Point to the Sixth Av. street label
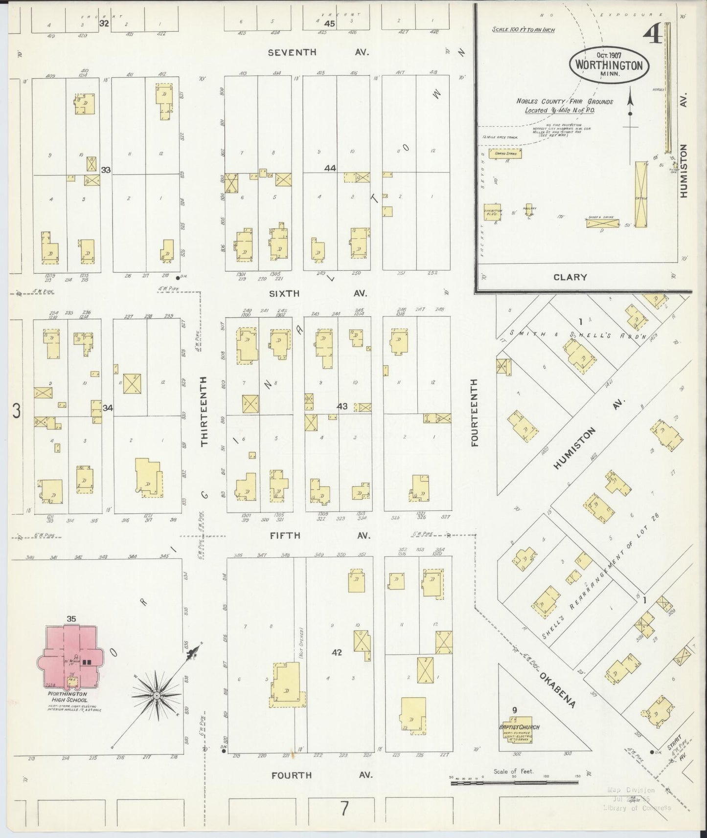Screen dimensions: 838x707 (318, 293)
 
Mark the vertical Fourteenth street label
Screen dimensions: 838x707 (474, 413)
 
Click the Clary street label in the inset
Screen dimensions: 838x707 (570, 277)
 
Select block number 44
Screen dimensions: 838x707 (330, 168)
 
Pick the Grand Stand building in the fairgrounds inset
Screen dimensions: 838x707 (507, 154)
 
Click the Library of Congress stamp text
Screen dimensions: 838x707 (637, 807)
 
